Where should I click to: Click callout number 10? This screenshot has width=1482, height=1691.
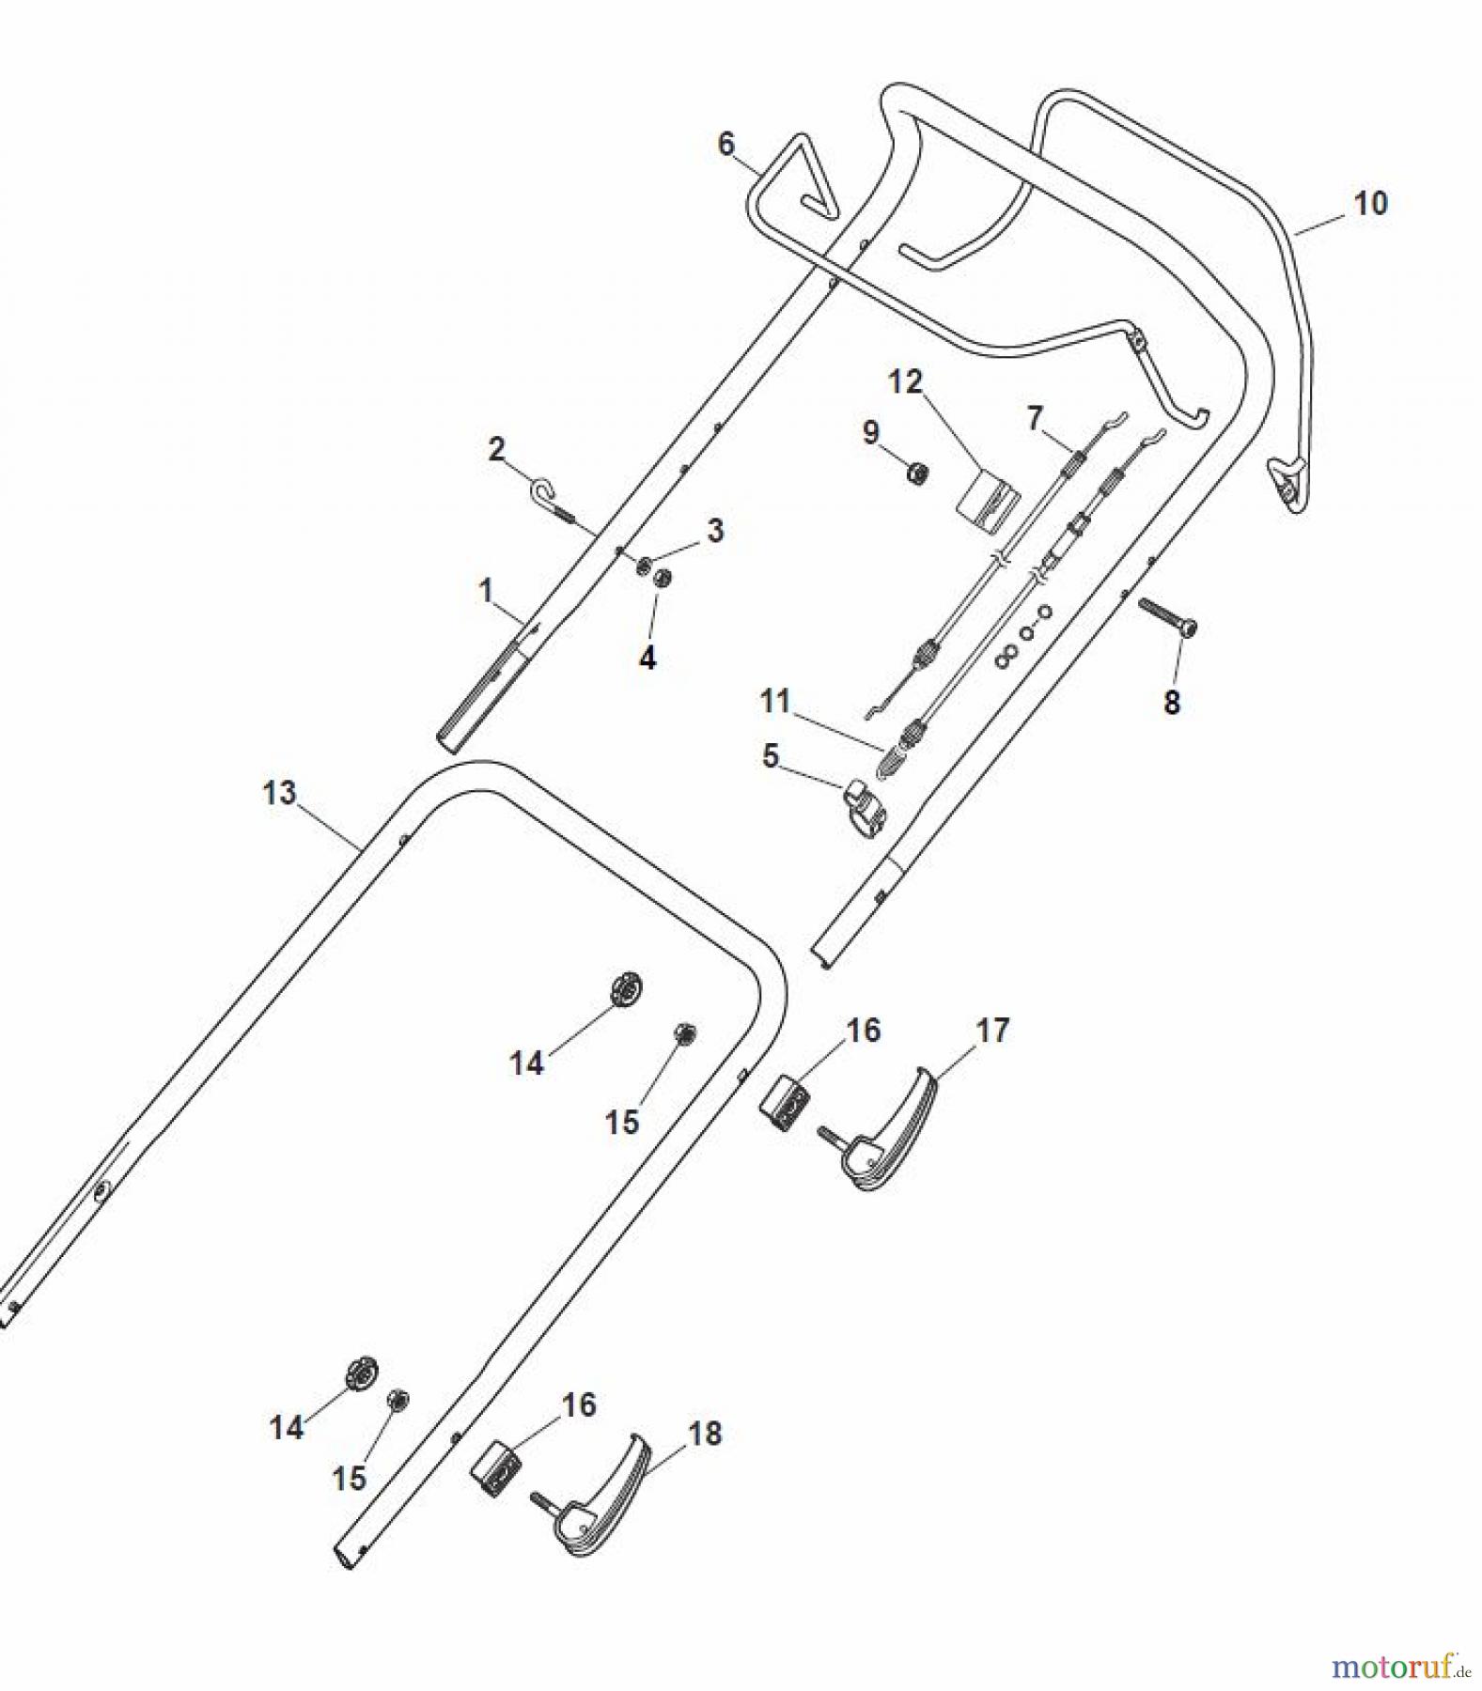pos(1370,203)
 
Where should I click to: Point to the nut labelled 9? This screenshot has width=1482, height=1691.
pos(917,472)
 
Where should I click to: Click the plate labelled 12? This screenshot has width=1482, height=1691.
pos(988,497)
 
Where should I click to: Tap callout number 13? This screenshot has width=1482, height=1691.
pos(279,793)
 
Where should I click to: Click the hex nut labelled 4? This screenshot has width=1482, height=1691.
pos(663,577)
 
